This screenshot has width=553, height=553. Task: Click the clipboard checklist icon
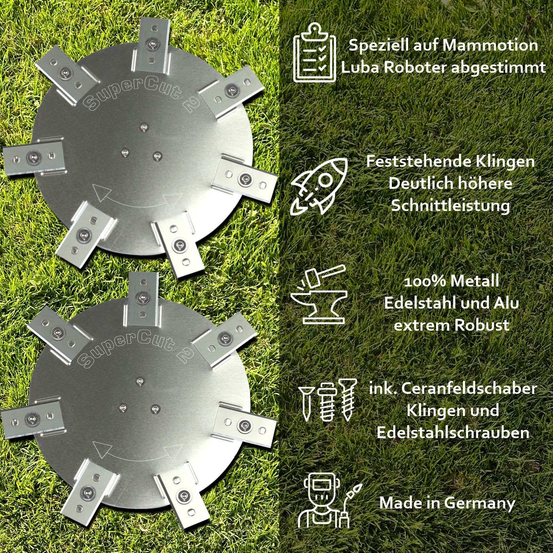click(314, 53)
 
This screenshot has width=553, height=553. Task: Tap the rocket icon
click(319, 186)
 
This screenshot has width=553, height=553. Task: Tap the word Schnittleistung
click(451, 206)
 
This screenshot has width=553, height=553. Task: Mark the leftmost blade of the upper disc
click(34, 158)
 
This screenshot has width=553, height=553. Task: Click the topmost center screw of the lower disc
click(140, 381)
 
